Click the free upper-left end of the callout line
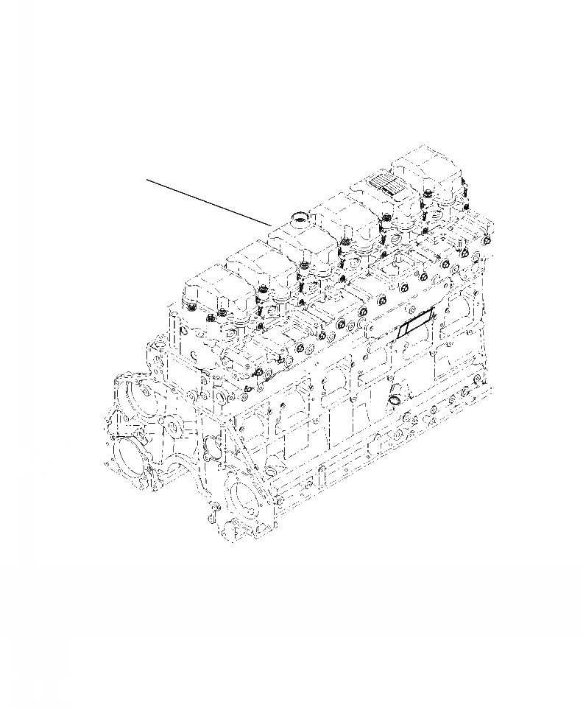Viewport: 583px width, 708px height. (147, 179)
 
